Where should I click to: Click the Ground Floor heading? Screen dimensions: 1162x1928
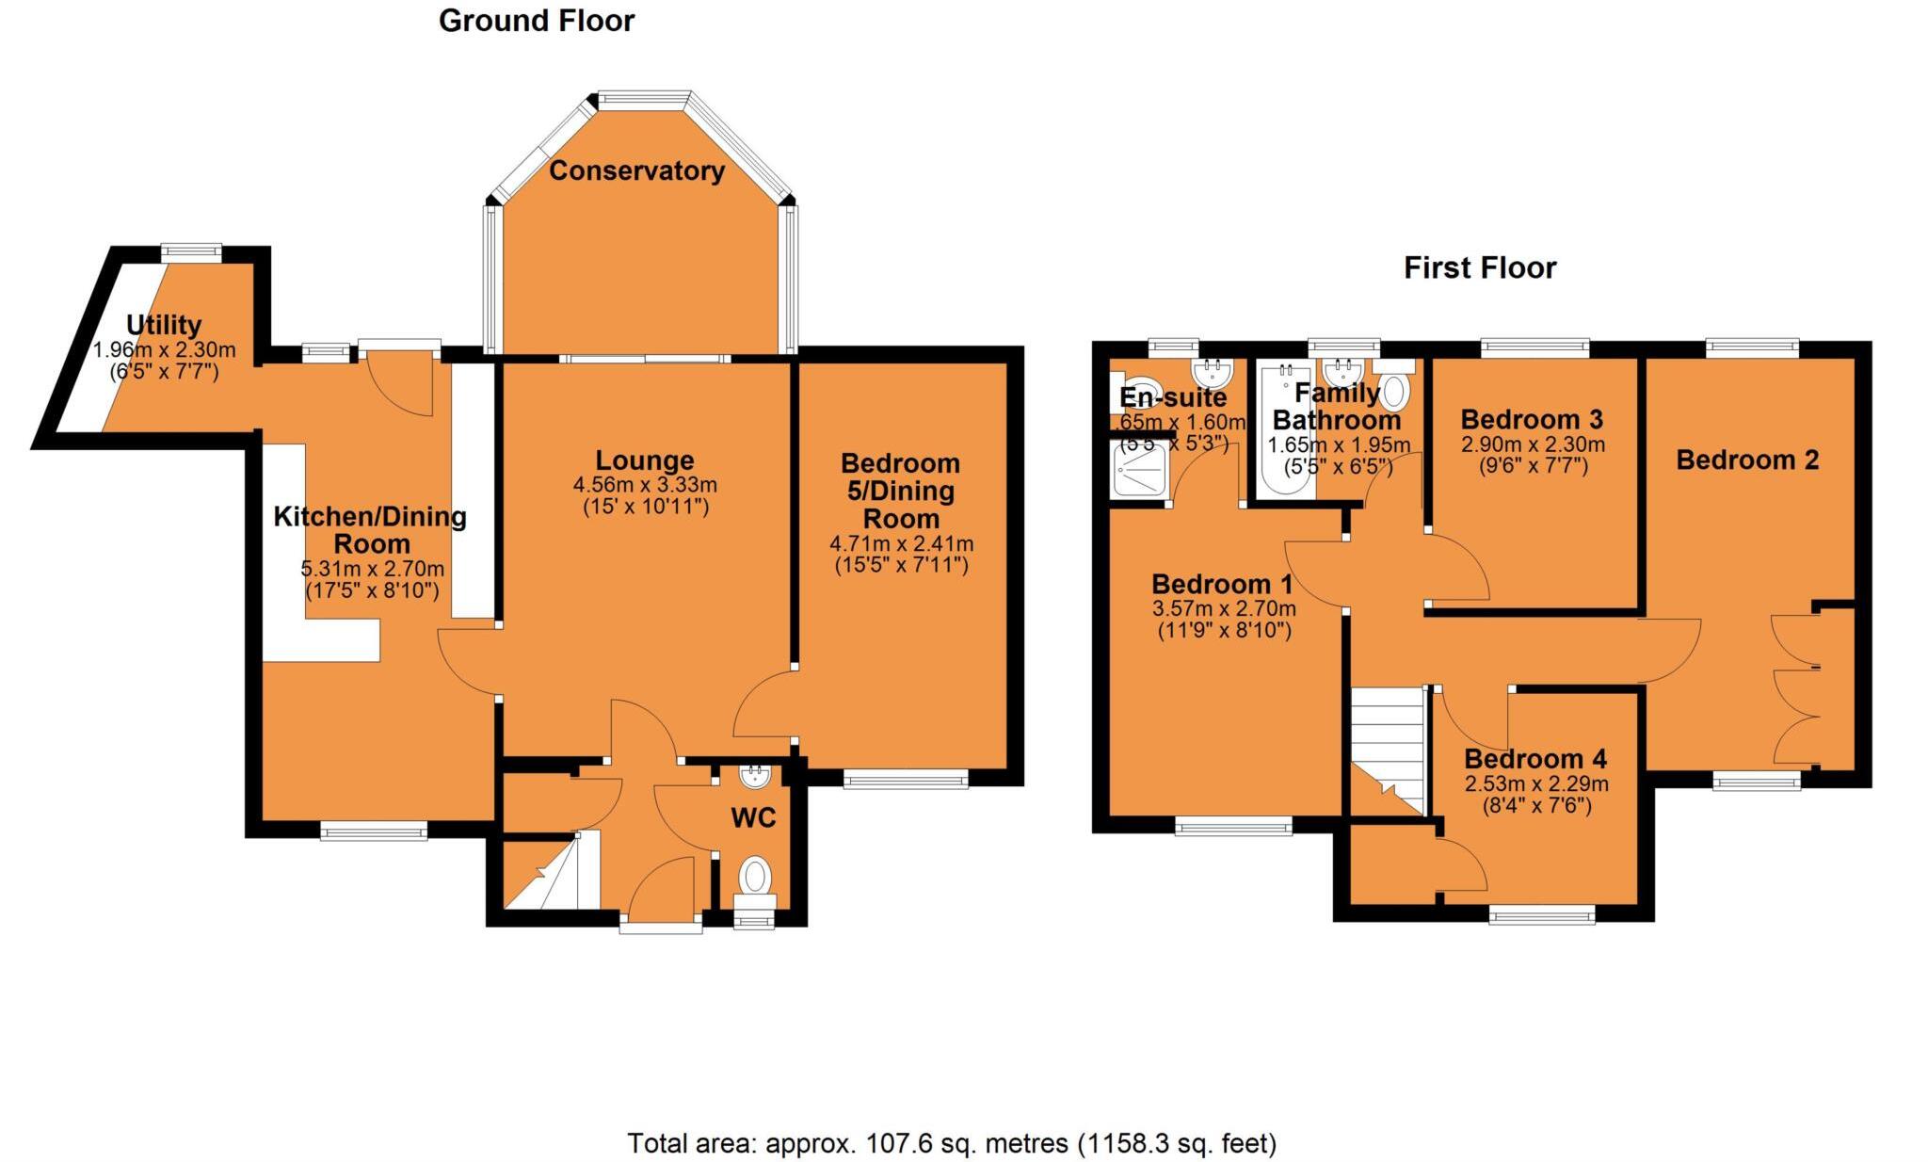coord(537,21)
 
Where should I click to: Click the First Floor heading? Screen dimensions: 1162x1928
coord(1479,267)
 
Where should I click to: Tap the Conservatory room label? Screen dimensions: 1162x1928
coord(636,170)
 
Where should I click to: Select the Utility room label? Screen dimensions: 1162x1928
coord(164,325)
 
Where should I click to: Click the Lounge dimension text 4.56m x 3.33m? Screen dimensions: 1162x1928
coord(645,485)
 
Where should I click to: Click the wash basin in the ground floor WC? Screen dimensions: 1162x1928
coord(755,777)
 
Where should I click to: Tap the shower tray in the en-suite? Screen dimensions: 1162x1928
coord(1140,469)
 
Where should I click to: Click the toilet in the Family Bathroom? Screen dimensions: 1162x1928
coord(1397,389)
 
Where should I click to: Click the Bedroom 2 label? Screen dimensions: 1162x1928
coord(1747,460)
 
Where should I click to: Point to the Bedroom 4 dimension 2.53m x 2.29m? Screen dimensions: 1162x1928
coord(1535,783)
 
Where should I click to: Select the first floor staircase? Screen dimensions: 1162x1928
coord(1387,749)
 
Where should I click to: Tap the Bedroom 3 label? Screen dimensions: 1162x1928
coord(1532,419)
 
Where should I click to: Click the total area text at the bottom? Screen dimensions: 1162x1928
coord(952,1143)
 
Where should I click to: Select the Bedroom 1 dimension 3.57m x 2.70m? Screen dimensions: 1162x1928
coord(1224,608)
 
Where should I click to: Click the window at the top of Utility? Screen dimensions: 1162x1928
coord(190,252)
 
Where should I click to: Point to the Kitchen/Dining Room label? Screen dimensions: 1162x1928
coord(371,529)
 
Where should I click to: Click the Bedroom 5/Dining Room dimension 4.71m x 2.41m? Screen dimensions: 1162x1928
coord(901,543)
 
